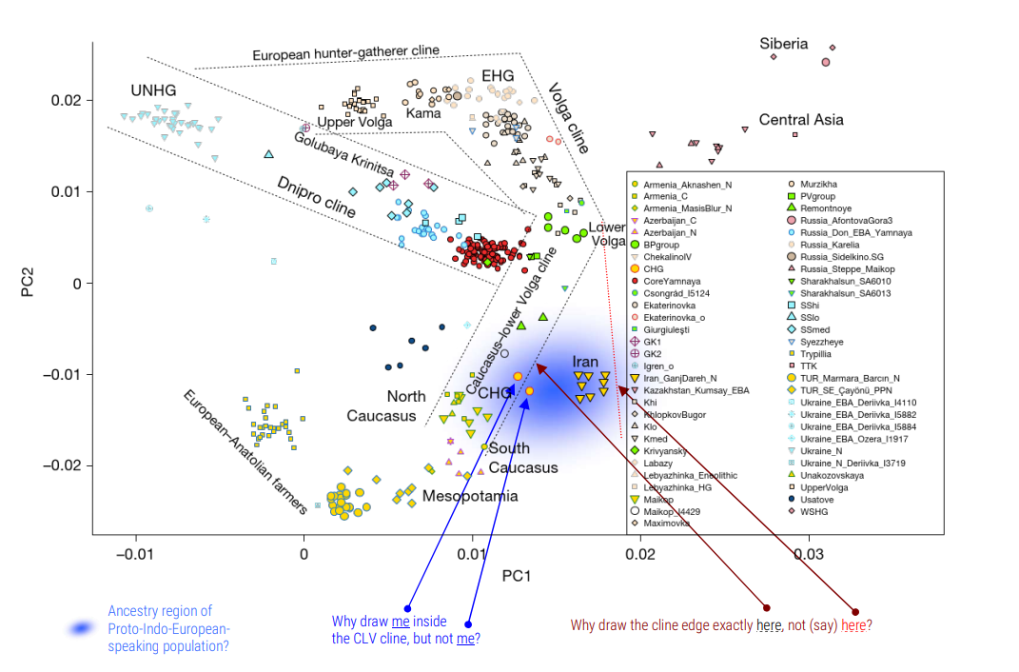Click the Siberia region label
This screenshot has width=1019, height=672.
coord(783,44)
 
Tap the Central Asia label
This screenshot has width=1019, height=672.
coord(801,120)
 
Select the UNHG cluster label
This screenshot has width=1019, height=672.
coord(153,90)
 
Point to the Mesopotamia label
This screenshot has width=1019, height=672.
coord(470,496)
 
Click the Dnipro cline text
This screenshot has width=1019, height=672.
coord(316,196)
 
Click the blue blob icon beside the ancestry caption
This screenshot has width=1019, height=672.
coord(82,628)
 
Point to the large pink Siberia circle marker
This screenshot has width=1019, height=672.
coord(825,62)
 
